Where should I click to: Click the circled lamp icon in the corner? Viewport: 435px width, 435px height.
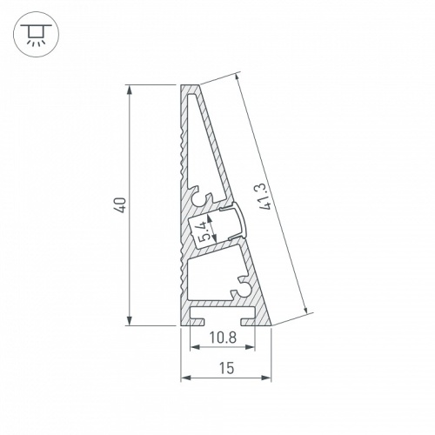[34, 34]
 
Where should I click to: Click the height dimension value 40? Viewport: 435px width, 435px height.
[122, 205]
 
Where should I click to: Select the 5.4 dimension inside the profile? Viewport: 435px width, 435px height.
[204, 231]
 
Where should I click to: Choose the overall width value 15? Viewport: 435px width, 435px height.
[225, 368]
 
